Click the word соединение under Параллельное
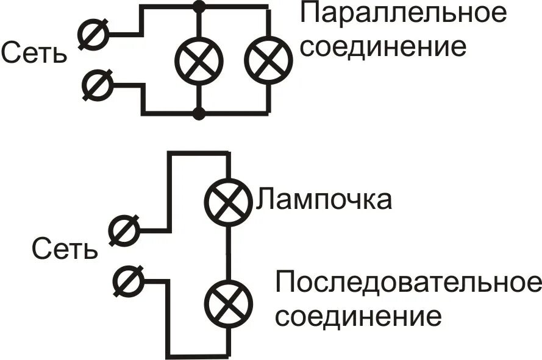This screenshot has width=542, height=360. pos(384,48)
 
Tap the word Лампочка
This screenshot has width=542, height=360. pos(324,199)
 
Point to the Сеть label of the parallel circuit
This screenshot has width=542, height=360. pos(33,54)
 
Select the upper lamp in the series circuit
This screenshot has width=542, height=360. pos(227,202)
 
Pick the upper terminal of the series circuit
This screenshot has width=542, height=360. pos(124,230)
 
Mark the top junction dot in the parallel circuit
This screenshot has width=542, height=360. pos(199,7)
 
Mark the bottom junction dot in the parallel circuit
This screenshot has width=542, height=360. pos(199,113)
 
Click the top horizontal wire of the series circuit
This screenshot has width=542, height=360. pos(198,154)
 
